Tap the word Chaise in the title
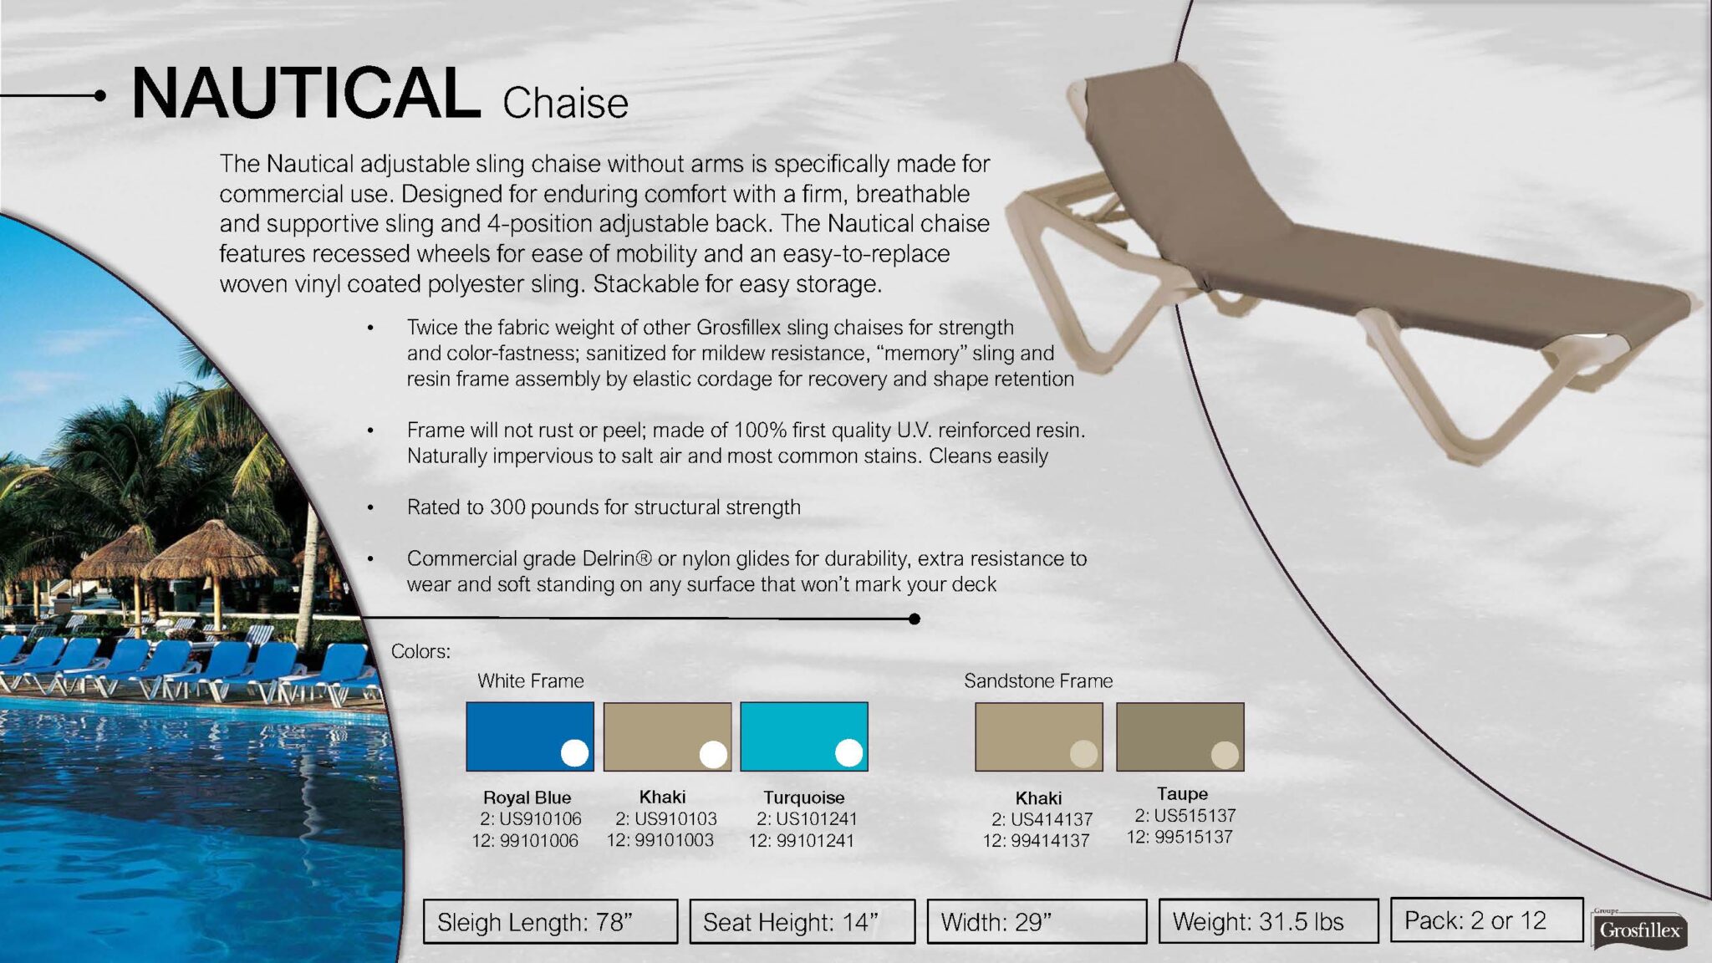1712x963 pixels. (x=565, y=104)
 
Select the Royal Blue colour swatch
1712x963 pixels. (x=530, y=736)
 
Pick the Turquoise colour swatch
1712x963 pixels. (x=804, y=736)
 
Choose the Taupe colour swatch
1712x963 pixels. (x=1180, y=736)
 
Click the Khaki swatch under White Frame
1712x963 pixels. (x=667, y=736)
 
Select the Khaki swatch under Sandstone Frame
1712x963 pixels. (x=1039, y=736)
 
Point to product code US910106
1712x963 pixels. (x=540, y=818)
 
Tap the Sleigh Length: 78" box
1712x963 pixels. (x=550, y=921)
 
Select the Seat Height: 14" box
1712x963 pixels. (x=802, y=921)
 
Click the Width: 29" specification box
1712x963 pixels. (x=1037, y=921)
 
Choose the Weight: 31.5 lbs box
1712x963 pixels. (x=1268, y=921)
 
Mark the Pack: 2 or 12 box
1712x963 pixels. (x=1487, y=920)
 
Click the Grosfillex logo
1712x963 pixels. (x=1639, y=930)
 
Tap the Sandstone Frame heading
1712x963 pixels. (x=1038, y=681)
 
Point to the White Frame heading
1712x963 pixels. (x=531, y=681)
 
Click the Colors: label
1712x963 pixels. (x=420, y=651)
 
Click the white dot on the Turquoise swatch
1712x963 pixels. (x=848, y=752)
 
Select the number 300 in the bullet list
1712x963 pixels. (x=507, y=507)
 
